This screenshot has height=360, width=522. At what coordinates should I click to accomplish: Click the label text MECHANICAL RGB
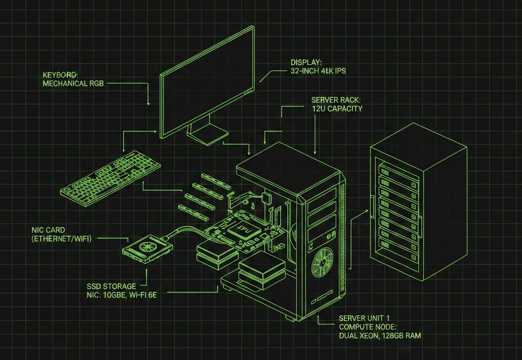[x=73, y=83]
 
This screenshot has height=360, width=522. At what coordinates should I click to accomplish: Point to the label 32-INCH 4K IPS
[x=315, y=71]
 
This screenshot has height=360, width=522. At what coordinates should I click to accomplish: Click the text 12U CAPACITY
[x=337, y=109]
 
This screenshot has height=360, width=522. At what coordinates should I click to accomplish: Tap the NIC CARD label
[x=49, y=229]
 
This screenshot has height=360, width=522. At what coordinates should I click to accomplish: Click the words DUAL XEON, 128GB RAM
[x=380, y=336]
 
